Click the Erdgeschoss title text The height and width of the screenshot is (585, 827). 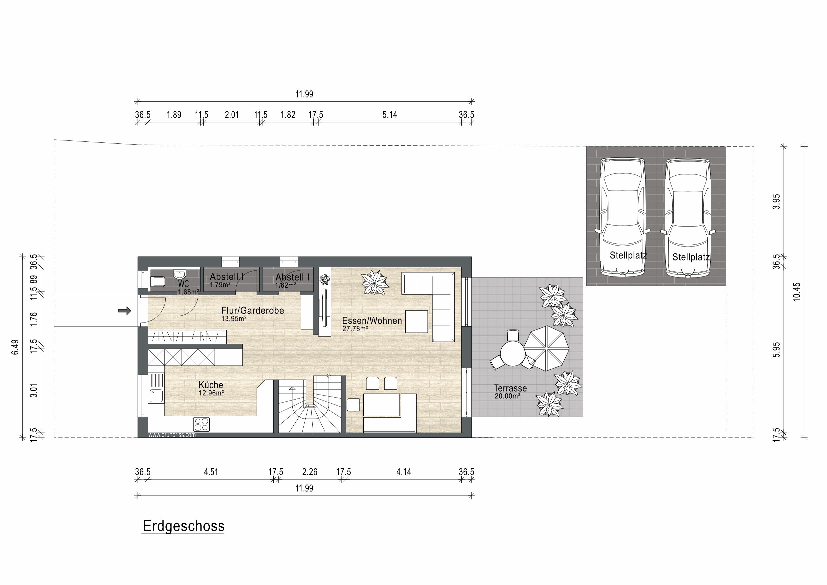click(x=184, y=527)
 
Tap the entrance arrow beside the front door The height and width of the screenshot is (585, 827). click(x=125, y=311)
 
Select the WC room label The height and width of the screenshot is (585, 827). click(x=183, y=284)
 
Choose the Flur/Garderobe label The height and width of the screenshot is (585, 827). click(x=252, y=310)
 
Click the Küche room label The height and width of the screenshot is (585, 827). click(x=211, y=385)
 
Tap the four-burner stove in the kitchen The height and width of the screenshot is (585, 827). click(x=201, y=424)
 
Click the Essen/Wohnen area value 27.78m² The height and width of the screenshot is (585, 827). click(x=355, y=329)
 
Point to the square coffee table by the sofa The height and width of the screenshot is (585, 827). click(x=417, y=321)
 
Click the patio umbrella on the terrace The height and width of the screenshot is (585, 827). click(x=546, y=349)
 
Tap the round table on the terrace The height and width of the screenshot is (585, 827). click(x=513, y=354)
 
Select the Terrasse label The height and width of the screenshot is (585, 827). click(x=510, y=388)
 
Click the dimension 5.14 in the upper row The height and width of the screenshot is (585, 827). click(x=390, y=115)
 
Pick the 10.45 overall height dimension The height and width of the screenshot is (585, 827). click(x=796, y=292)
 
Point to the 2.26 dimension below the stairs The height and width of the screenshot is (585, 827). click(x=310, y=472)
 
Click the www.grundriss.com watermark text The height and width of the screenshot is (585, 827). click(x=172, y=435)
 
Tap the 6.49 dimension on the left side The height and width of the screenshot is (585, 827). click(x=15, y=347)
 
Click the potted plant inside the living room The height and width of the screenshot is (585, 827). click(x=375, y=283)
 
